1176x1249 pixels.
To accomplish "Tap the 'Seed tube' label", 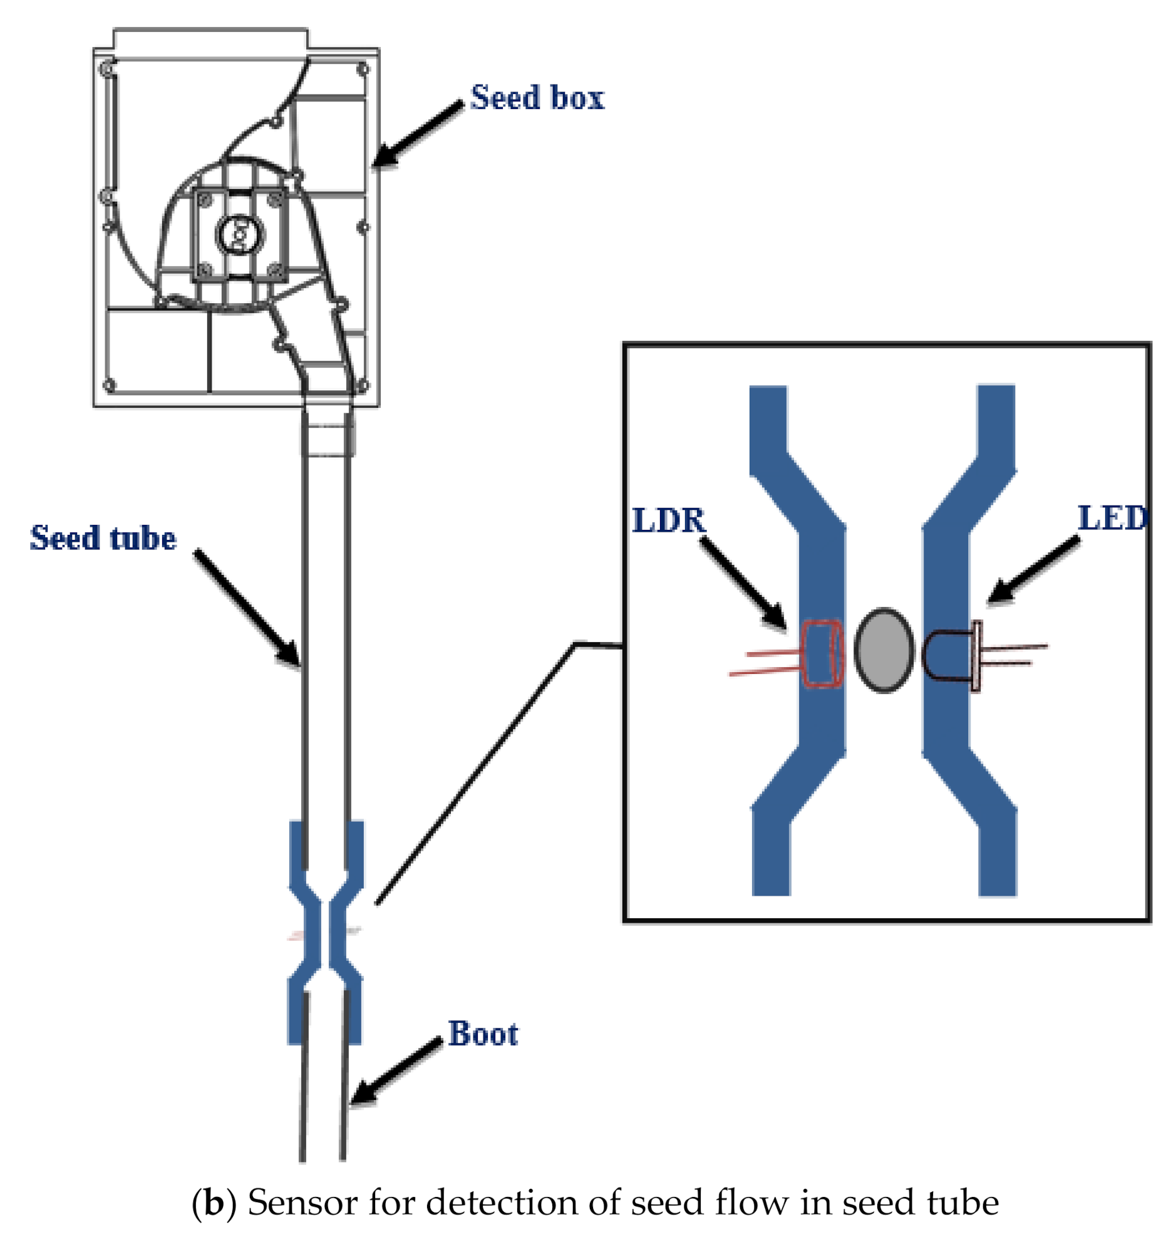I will pos(103,538).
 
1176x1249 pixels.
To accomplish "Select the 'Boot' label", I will pos(482,1034).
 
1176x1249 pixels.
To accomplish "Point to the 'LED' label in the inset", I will pos(1113,518).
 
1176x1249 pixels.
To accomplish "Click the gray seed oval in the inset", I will pos(884,650).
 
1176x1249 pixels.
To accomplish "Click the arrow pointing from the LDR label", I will pos(743,581).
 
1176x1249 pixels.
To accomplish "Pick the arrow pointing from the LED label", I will pos(1034,569).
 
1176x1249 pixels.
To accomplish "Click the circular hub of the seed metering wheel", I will pos(239,234).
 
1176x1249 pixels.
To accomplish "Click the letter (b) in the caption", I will pos(214,1203).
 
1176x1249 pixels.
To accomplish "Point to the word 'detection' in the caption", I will pos(503,1203).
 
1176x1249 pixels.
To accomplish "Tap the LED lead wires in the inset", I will pos(1013,654).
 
